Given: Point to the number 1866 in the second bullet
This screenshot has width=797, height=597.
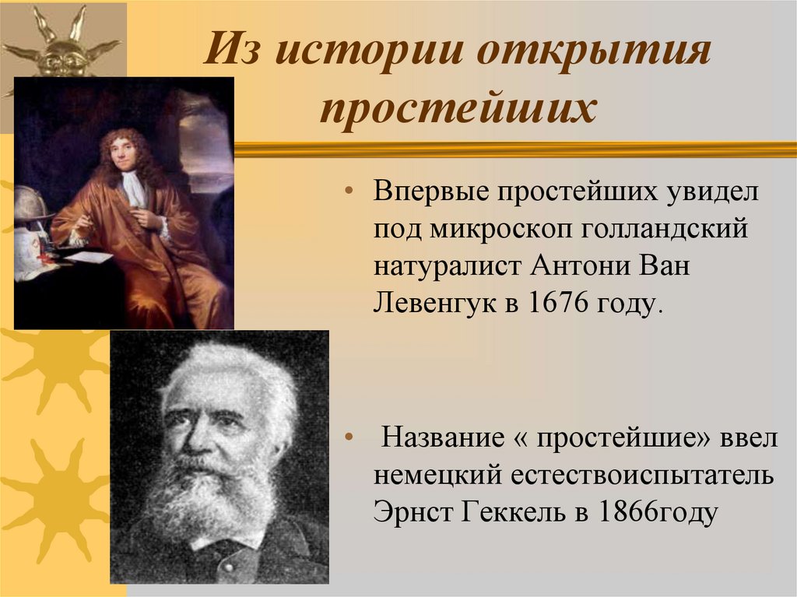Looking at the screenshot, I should (620, 513).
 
